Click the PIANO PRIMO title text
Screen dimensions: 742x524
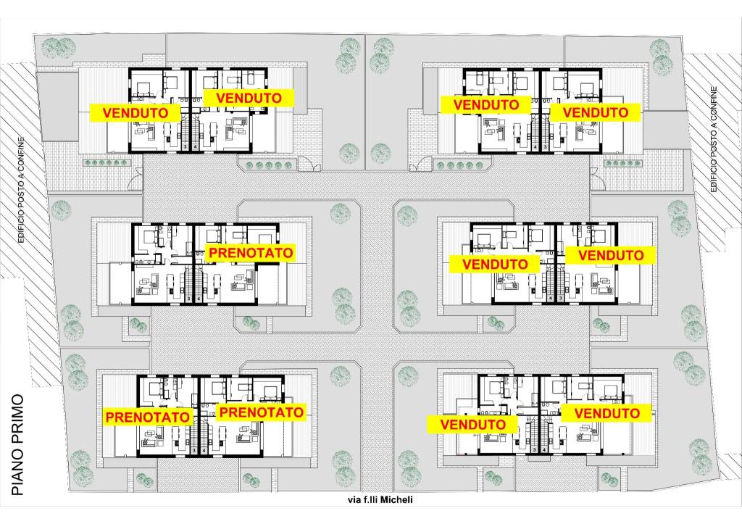pos(17,445)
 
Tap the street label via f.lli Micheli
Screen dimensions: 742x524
pos(380,500)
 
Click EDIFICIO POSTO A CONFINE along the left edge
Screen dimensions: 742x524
pos(21,191)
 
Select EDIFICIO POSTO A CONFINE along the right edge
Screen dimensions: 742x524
pos(714,139)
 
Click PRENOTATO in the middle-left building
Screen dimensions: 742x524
pos(251,253)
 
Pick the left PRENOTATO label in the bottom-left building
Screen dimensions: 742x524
pos(148,417)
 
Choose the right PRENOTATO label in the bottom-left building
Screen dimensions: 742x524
pos(261,412)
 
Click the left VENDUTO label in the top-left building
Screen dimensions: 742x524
pos(136,113)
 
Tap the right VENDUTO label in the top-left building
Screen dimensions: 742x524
pos(249,98)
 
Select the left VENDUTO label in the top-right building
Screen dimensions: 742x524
pos(486,104)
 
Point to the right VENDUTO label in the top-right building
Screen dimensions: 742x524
pos(596,112)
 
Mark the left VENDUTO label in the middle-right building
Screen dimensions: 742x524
pos(495,264)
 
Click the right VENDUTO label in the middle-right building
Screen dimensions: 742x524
pos(611,256)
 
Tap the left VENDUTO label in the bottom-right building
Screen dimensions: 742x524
pos(472,425)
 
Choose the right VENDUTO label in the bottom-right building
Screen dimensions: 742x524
pos(607,413)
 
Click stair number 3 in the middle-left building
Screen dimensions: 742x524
pos(189,299)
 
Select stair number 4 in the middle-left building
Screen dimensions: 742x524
pos(199,299)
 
